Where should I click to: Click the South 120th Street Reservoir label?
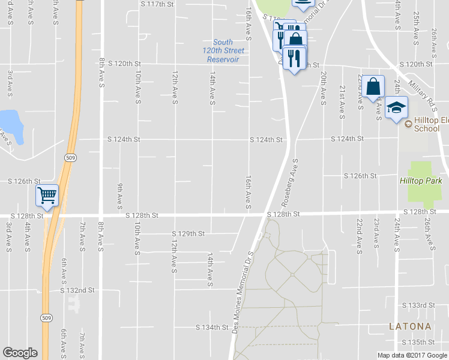tap(223, 51)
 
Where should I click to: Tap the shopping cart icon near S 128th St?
tap(47, 195)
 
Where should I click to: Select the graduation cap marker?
tap(396, 108)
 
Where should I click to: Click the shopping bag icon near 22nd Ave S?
tap(373, 86)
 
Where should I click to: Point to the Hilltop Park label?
tap(421, 181)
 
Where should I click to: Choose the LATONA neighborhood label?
tap(410, 326)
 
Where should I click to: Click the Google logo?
tap(20, 353)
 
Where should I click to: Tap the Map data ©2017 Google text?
tap(412, 355)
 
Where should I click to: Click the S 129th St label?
tap(188, 233)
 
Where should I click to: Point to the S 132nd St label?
tap(77, 290)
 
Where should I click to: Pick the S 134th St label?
tap(214, 328)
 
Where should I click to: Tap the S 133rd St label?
tap(418, 305)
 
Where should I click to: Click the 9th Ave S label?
tap(120, 193)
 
